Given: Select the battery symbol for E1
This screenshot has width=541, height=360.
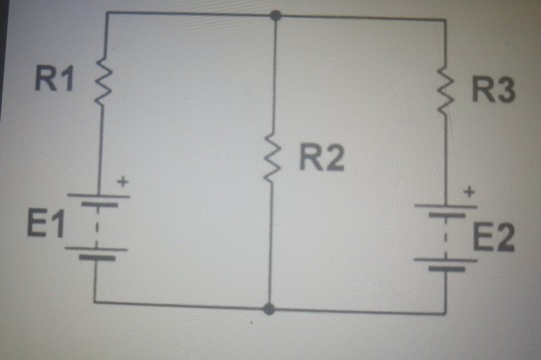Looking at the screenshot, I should [x=96, y=227].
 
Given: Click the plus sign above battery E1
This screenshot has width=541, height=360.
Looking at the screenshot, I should [x=123, y=183].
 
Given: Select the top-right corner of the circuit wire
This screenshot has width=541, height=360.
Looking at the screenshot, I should [x=440, y=15].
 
